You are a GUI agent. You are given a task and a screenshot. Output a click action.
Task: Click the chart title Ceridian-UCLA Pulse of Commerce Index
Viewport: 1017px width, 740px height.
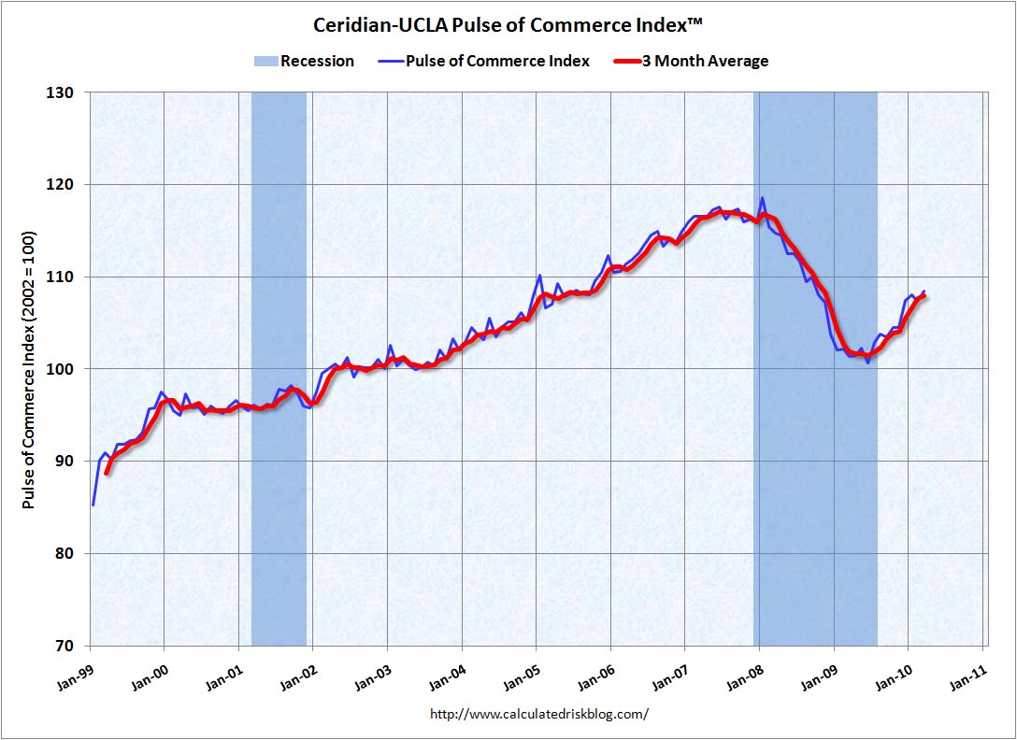508,24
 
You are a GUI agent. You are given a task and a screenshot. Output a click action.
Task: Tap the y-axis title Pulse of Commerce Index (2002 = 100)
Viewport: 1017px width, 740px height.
29,369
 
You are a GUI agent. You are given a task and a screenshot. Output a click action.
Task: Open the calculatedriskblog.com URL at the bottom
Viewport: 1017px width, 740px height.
538,714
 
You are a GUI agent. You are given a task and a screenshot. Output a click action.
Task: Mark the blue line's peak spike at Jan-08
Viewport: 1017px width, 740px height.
763,198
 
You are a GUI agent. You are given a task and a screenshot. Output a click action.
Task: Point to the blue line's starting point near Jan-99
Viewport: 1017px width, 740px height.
93,505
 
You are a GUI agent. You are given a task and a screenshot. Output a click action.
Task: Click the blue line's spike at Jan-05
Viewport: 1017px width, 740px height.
540,276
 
